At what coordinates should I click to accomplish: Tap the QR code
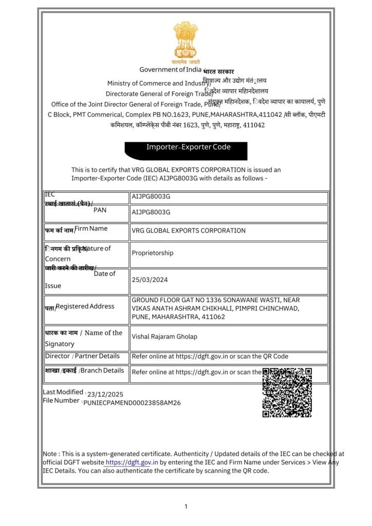click(287, 392)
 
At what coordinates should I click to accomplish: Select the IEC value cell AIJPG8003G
click(151, 197)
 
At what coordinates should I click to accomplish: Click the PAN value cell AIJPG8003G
click(151, 212)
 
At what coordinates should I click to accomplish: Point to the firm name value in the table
click(189, 231)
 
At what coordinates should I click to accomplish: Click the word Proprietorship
click(153, 253)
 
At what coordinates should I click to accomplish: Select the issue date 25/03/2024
click(150, 280)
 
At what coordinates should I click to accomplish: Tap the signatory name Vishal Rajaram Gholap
click(164, 336)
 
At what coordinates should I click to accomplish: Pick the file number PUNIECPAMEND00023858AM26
click(132, 403)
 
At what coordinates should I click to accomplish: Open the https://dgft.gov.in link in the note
click(132, 462)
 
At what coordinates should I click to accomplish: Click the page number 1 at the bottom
click(186, 507)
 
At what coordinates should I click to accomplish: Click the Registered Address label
click(85, 306)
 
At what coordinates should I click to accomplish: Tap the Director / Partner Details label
click(82, 356)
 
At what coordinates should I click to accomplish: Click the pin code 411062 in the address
click(214, 316)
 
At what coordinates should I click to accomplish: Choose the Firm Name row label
click(91, 228)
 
